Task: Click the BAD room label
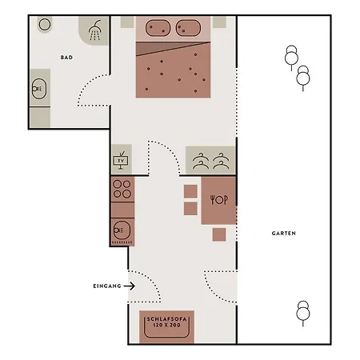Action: coord(66,58)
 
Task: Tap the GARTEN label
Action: coord(284,234)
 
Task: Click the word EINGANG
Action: coord(107,286)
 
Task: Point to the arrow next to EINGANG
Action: coord(130,286)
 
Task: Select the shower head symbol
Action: coord(95,30)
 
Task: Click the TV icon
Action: coord(121,160)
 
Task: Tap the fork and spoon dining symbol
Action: coord(219,199)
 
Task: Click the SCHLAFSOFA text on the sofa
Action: coord(167,319)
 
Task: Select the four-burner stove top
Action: coord(122,189)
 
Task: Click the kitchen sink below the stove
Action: coord(122,230)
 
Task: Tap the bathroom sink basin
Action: coord(39,89)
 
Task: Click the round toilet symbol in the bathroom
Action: coord(45,24)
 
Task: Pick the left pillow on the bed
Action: coord(158,28)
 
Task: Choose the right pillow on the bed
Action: coord(188,28)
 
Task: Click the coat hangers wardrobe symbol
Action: coord(210,161)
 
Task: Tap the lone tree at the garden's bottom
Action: coord(303,313)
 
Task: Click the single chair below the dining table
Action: coord(219,234)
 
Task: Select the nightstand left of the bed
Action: coord(127,22)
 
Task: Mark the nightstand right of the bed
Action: coord(219,22)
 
